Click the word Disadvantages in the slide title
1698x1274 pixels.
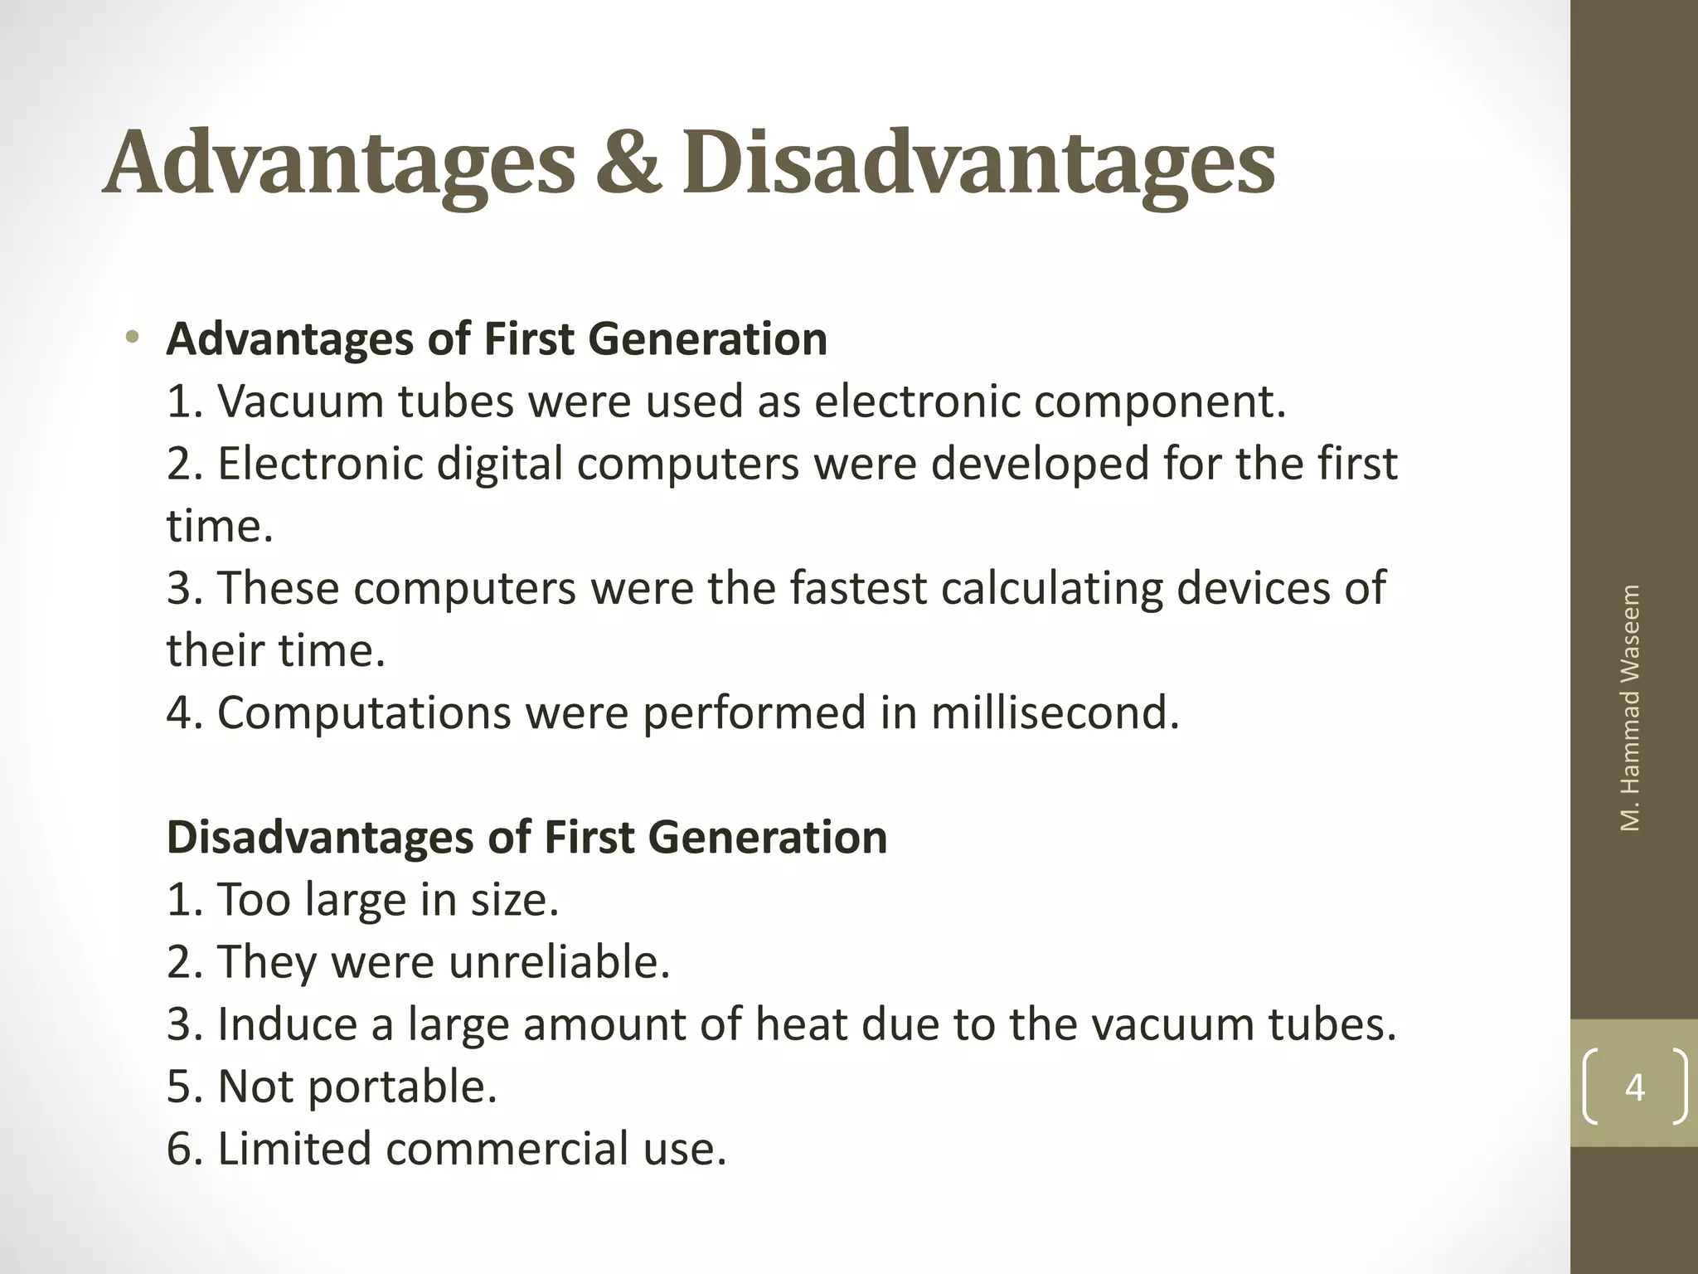[978, 164]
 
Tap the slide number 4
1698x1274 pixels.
[1634, 1087]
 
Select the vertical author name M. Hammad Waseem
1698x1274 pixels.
[1630, 708]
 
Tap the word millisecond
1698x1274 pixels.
[1055, 712]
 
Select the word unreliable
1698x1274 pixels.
[559, 962]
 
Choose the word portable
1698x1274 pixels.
[402, 1088]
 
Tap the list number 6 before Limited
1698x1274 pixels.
[181, 1149]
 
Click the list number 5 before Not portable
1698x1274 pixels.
[181, 1087]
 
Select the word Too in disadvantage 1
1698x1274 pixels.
[253, 900]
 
